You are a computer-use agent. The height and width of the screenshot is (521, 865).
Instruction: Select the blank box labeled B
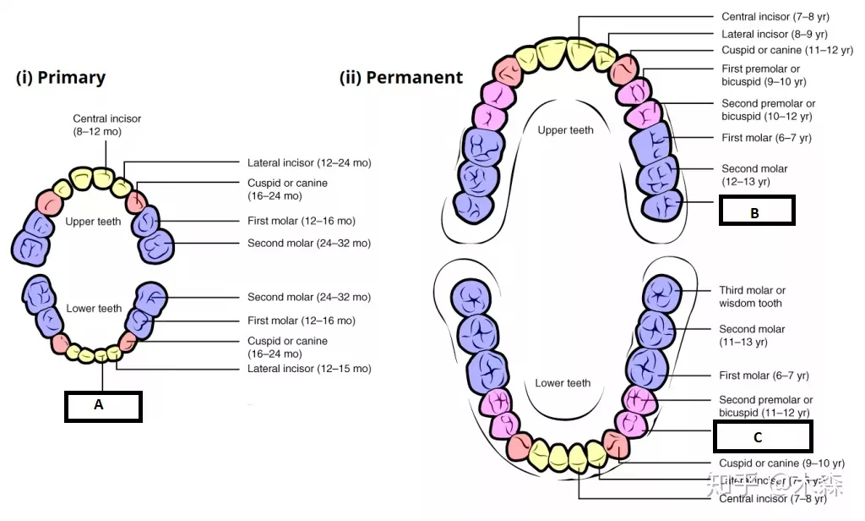pos(756,211)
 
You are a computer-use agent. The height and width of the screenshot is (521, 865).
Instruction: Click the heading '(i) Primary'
pos(61,78)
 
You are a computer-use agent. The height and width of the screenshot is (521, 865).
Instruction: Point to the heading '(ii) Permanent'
pos(401,78)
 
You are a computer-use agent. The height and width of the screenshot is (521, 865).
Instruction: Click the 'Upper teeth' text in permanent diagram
pos(565,130)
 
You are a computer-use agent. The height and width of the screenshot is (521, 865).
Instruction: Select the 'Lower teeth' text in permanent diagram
pos(563,383)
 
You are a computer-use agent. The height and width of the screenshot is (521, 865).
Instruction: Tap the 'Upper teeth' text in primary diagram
pos(93,222)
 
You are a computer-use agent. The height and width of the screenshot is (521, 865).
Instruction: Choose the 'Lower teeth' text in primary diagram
pos(94,309)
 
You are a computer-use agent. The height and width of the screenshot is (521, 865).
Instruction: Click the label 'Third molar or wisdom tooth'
pos(752,297)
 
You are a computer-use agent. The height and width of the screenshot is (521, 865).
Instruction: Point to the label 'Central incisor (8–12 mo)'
pos(107,125)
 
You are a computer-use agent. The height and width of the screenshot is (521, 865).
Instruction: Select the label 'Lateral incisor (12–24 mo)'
pos(309,162)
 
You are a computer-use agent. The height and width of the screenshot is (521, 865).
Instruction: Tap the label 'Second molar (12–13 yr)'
pos(754,175)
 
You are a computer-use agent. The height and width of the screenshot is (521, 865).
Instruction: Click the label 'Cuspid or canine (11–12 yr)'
pos(787,51)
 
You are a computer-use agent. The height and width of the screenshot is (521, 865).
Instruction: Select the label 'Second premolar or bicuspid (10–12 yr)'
pos(768,110)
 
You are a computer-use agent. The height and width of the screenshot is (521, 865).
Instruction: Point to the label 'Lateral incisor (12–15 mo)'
pos(309,369)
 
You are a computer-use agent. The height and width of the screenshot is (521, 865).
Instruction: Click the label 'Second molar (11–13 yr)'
pos(752,336)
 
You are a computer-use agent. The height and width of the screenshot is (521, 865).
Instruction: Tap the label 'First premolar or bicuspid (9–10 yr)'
pos(764,75)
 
